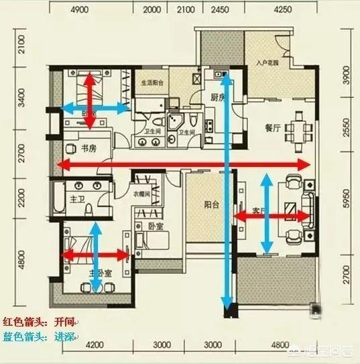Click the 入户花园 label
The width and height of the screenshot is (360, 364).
(267, 64)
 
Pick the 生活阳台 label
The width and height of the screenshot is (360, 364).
(153, 84)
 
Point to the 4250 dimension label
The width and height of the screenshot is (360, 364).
(283, 10)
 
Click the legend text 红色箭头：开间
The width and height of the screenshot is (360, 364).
(40, 322)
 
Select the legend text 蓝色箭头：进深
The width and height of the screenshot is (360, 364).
(40, 337)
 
